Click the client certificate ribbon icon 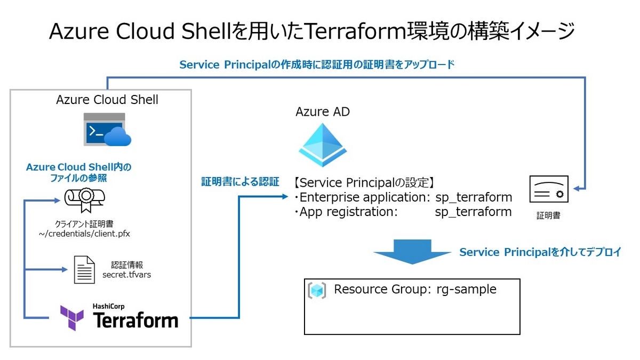[x=84, y=199]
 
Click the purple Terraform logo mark [x=71, y=318]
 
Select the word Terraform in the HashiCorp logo [x=135, y=320]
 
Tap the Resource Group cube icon [x=317, y=290]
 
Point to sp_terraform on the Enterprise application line [x=473, y=197]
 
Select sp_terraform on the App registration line [x=473, y=212]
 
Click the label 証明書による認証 [x=240, y=182]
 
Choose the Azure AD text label [x=323, y=112]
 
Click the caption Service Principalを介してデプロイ [x=540, y=252]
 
